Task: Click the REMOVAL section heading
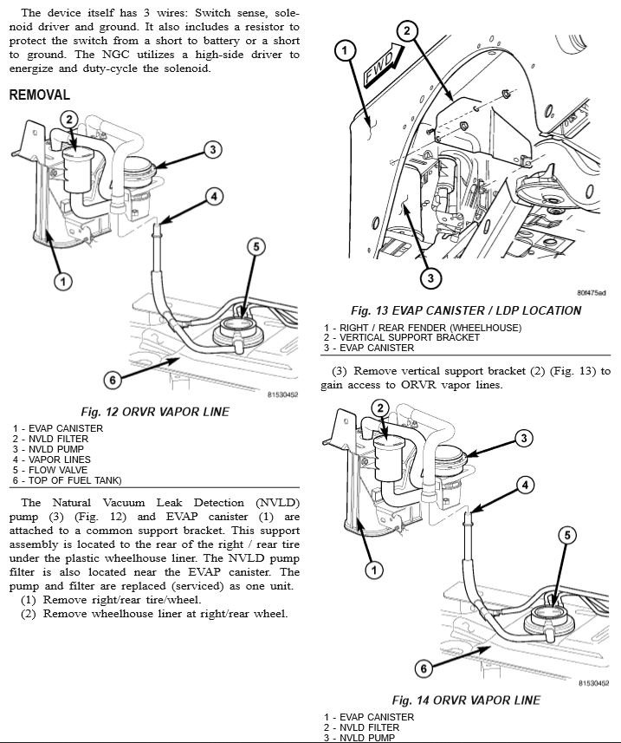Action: pyautogui.click(x=39, y=95)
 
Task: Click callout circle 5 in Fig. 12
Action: pyautogui.click(x=256, y=247)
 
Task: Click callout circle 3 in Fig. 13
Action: pyautogui.click(x=430, y=278)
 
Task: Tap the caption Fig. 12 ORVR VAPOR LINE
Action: pyautogui.click(x=155, y=412)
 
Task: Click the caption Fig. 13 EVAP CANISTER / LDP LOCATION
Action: pyautogui.click(x=465, y=310)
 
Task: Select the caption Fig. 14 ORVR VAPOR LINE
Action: pyautogui.click(x=466, y=700)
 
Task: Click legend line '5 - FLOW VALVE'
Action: pyautogui.click(x=51, y=470)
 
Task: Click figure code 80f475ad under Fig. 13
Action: pyautogui.click(x=591, y=293)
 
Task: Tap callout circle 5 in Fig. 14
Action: pyautogui.click(x=566, y=535)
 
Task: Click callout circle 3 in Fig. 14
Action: pyautogui.click(x=524, y=439)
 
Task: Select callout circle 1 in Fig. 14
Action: pyautogui.click(x=374, y=570)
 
